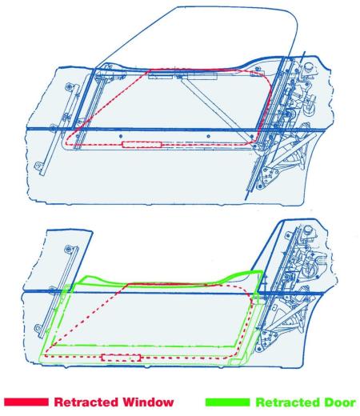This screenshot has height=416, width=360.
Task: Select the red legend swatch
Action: coord(26,402)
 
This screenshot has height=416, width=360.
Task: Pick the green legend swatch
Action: coord(227,402)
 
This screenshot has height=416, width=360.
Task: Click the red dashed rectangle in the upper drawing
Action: coord(142,145)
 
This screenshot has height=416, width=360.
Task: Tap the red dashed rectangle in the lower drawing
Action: coord(121,358)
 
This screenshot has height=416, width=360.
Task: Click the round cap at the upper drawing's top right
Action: coord(309,67)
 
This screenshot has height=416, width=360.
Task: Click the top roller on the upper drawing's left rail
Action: coord(70,86)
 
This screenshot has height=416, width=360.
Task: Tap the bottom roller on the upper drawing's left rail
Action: coord(39,166)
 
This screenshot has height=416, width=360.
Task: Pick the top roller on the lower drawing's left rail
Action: coord(69,249)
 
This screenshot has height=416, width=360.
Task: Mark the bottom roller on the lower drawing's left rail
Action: coord(38,328)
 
